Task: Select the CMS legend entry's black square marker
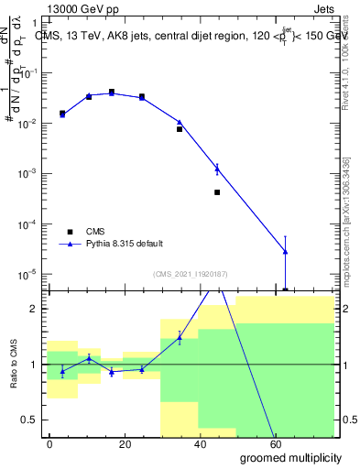[70, 231]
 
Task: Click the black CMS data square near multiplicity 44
[217, 192]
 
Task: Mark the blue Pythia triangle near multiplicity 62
[285, 251]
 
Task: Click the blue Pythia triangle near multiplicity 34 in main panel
[180, 122]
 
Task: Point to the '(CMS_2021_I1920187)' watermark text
[191, 273]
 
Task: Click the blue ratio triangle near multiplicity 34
[180, 338]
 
